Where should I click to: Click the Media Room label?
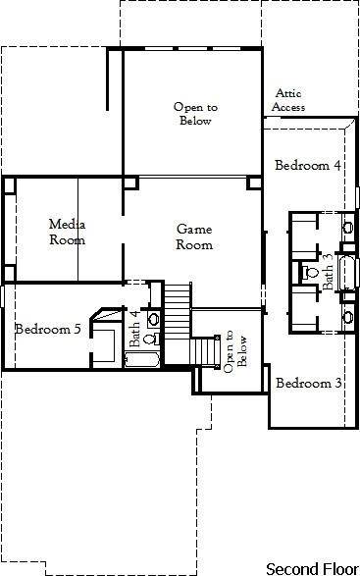(x=67, y=232)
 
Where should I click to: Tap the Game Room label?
(x=194, y=236)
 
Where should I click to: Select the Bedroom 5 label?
(x=48, y=329)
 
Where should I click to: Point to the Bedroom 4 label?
(x=307, y=165)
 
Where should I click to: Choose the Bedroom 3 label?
(x=308, y=383)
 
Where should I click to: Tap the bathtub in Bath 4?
(x=146, y=360)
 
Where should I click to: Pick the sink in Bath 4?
(x=153, y=319)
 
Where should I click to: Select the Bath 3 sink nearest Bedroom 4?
(x=347, y=228)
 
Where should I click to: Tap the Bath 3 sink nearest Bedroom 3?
(x=347, y=315)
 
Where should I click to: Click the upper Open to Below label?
(x=193, y=114)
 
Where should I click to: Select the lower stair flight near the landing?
(x=203, y=349)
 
